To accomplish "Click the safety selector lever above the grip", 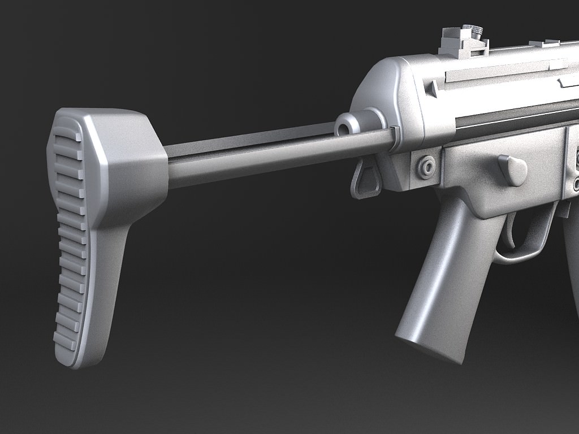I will [x=514, y=170].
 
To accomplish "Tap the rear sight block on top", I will [x=463, y=42].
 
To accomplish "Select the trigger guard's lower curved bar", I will [x=520, y=257].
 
